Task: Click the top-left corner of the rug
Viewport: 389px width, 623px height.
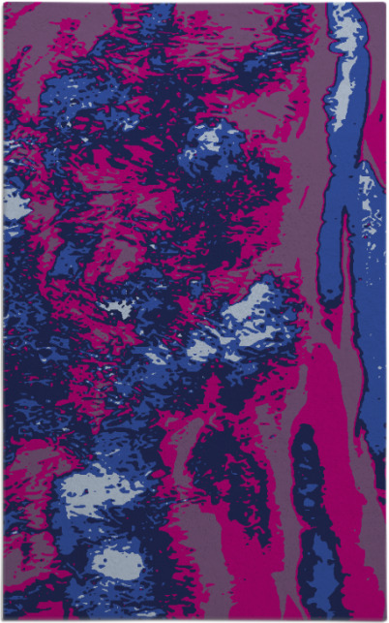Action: (4, 4)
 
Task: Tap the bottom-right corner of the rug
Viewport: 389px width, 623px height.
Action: (384, 618)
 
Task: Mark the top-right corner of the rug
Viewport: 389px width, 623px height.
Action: (384, 4)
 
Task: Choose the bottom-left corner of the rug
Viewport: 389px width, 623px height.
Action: (4, 618)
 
